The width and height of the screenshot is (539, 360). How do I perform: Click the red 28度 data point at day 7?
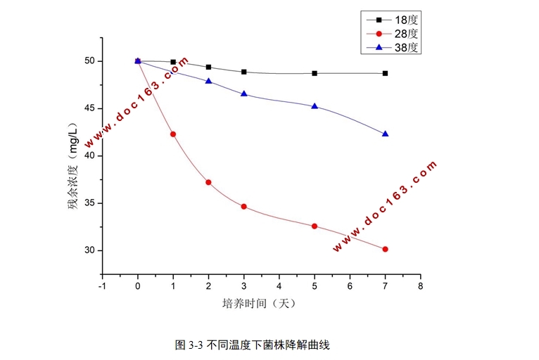pyautogui.click(x=385, y=249)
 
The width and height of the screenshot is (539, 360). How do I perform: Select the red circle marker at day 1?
pyautogui.click(x=173, y=134)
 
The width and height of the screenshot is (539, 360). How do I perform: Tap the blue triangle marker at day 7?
pyautogui.click(x=385, y=134)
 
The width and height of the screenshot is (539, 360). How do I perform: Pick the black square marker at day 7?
pyautogui.click(x=385, y=73)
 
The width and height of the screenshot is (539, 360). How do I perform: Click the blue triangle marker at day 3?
pyautogui.click(x=243, y=94)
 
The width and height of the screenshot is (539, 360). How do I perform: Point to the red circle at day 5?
pyautogui.click(x=315, y=226)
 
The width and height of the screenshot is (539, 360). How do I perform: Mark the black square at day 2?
pyautogui.click(x=208, y=67)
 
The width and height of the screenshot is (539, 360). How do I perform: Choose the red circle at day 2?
pyautogui.click(x=208, y=182)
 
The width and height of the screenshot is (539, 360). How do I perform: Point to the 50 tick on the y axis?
pyautogui.click(x=89, y=61)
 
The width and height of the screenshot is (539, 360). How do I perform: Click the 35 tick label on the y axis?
pyautogui.click(x=89, y=203)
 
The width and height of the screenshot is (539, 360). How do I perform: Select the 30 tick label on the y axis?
pyautogui.click(x=89, y=250)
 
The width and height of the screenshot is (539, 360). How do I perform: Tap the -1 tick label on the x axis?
pyautogui.click(x=102, y=286)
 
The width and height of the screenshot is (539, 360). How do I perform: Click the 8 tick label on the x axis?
pyautogui.click(x=420, y=286)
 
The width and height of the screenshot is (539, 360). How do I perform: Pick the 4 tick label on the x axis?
pyautogui.click(x=279, y=286)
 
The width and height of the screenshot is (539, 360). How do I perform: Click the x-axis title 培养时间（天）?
pyautogui.click(x=260, y=304)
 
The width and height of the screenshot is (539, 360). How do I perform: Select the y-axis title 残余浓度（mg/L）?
pyautogui.click(x=73, y=166)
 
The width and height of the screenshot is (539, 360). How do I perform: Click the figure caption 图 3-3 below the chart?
pyautogui.click(x=253, y=345)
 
